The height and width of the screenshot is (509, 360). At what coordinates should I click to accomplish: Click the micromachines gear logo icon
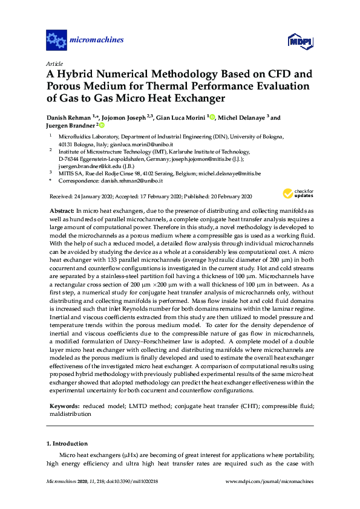tap(56, 41)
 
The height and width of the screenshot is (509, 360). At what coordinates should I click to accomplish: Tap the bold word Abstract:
tap(62, 209)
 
